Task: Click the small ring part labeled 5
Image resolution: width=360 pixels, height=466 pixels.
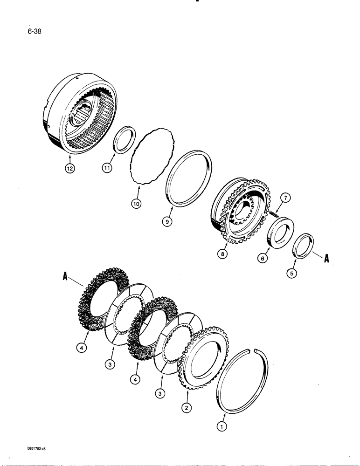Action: [304, 245]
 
